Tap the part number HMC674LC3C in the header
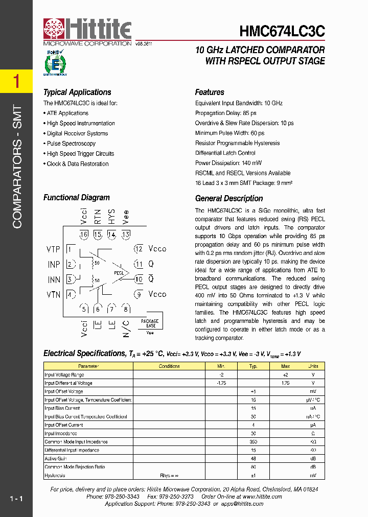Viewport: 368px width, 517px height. pos(282,32)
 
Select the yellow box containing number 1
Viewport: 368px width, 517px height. pos(16,81)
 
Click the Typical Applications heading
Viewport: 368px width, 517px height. pos(77,92)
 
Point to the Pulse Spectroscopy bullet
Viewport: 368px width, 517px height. pos(71,144)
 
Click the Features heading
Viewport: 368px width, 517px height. pos(210,92)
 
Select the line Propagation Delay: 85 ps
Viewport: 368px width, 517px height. pos(225,113)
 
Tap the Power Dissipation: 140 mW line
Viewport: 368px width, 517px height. pos(228,163)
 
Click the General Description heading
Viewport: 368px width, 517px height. pos(229,199)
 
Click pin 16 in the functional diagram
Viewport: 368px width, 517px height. pos(84,234)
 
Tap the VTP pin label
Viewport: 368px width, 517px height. pos(53,249)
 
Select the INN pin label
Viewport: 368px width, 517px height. pos(54,279)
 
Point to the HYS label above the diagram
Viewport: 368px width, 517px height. pos(111,218)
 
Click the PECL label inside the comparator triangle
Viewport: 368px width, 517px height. pos(119,273)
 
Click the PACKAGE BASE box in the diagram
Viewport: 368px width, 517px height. pos(150,323)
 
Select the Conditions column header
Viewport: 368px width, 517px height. pos(169,366)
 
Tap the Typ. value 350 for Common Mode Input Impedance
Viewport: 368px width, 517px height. pos(253,442)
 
